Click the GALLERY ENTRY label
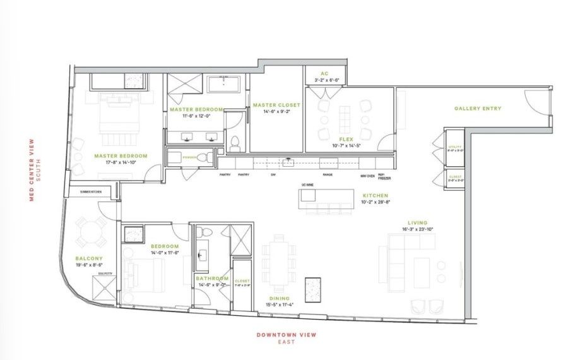[x=478, y=109]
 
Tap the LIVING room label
[x=417, y=222]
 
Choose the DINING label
[x=279, y=298]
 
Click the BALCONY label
[x=85, y=258]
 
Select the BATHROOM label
[x=211, y=278]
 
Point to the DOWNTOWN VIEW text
[x=286, y=335]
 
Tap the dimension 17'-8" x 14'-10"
[x=121, y=162]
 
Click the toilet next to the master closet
[x=234, y=143]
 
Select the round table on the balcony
[x=91, y=233]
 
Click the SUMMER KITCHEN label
[x=92, y=191]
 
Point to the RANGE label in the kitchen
[x=328, y=175]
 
